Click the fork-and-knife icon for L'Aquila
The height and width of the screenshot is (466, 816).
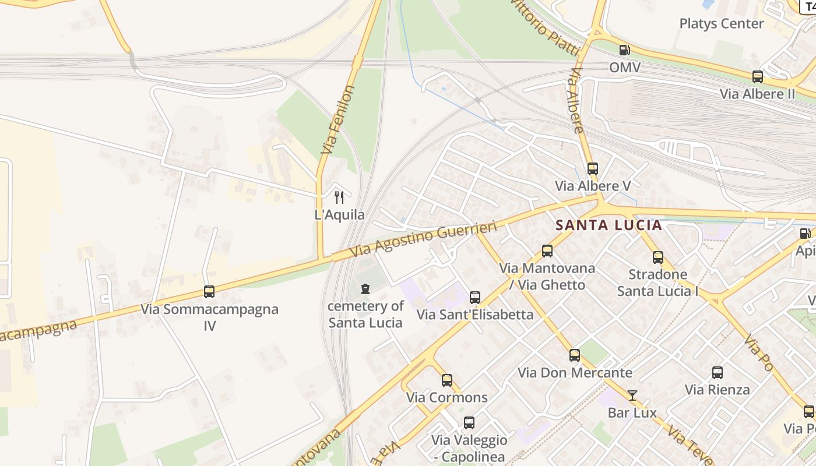(339, 197)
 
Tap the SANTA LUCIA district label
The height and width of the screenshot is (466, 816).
(609, 225)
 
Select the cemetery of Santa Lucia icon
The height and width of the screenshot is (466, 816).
(365, 289)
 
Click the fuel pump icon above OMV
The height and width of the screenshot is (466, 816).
(624, 50)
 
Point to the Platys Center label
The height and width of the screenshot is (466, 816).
(721, 24)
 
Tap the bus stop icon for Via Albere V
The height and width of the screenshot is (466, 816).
(593, 169)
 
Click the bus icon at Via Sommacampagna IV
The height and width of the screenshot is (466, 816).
(209, 292)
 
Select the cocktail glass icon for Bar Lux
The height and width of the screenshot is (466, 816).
(632, 396)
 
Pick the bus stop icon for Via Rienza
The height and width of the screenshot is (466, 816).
(717, 373)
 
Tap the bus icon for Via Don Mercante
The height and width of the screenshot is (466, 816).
(575, 355)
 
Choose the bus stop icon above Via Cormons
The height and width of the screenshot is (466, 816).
(447, 380)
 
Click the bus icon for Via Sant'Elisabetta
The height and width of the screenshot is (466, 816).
(475, 298)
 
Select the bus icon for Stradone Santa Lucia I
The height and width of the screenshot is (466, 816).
(658, 257)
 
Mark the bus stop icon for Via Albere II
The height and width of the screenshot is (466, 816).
(757, 77)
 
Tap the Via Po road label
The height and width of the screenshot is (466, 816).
(758, 353)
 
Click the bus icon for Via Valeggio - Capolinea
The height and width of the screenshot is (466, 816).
(469, 423)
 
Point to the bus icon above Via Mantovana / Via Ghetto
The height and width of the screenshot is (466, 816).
(547, 251)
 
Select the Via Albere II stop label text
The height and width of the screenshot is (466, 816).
(757, 94)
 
